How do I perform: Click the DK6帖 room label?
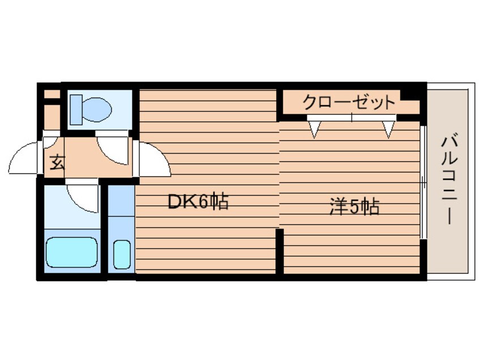pos(198,201)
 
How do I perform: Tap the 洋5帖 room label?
pos(354,207)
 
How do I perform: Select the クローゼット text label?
pos(349,102)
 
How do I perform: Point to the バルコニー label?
pos(450,181)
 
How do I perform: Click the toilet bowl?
pos(97,109)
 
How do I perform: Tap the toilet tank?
pos(76,110)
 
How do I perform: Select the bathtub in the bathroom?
pos(72,252)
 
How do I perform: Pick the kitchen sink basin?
pos(122,254)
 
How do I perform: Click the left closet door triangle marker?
pos(314,129)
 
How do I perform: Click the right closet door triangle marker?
pos(388,129)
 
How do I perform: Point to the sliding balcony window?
pos(423,182)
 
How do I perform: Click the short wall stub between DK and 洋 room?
pos(280,251)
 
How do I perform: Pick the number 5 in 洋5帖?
pos(354,207)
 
